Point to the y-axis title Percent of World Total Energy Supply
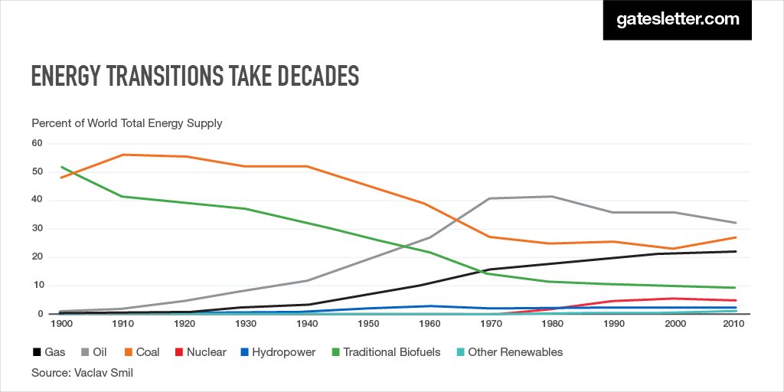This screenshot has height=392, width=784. click(x=127, y=122)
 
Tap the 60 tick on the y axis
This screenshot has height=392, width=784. click(x=37, y=143)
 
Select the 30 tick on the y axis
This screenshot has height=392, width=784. click(x=37, y=229)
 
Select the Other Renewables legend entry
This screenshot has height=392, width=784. click(x=508, y=352)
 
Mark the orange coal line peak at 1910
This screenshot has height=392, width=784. click(x=123, y=155)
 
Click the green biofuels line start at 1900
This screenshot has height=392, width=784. click(x=61, y=167)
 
